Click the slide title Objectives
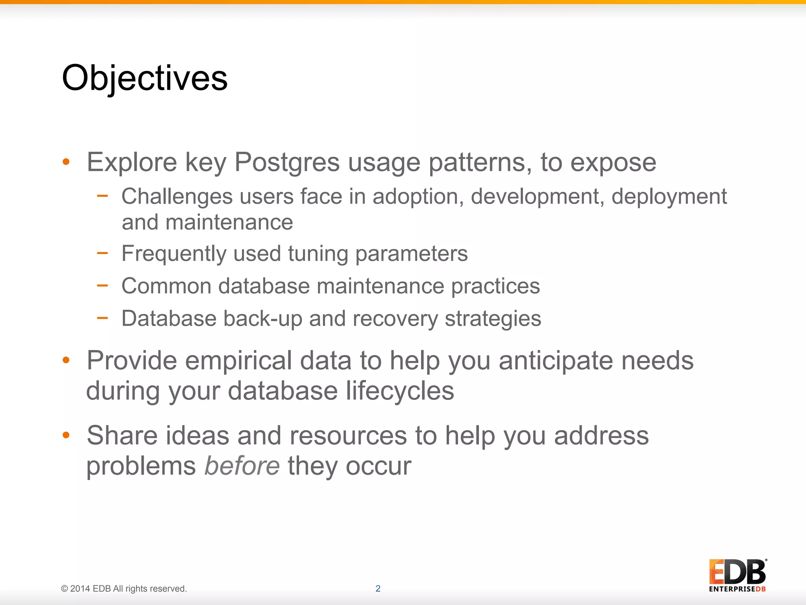coord(144,78)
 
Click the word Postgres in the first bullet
coord(287,162)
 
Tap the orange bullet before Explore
coord(66,161)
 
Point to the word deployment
coord(669,196)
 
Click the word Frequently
coord(174,253)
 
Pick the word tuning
coord(318,253)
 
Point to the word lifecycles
coord(400,391)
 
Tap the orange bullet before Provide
coord(66,360)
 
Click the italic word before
coord(242,466)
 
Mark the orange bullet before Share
coord(66,435)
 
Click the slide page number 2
coord(378,588)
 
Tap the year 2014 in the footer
coord(80,588)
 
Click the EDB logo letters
coord(737,572)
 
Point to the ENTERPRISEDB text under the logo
coord(737,589)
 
